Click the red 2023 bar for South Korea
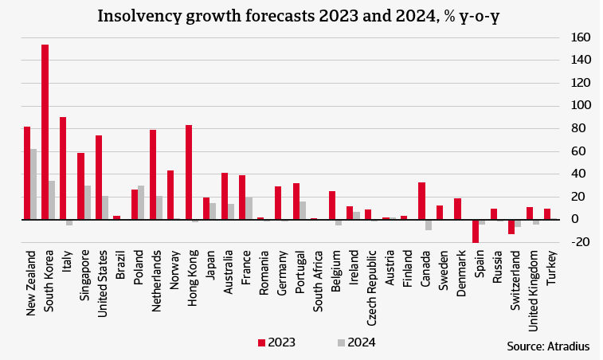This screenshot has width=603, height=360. coord(45,131)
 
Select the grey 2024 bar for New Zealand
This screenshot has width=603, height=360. coord(33,184)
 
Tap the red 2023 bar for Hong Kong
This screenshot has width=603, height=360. coord(189,172)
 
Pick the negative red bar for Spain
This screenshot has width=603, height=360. coord(476,231)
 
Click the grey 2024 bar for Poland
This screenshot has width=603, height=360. coord(142,202)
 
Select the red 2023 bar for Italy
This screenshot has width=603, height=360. coord(63,168)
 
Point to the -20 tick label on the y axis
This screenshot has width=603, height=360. coord(580,242)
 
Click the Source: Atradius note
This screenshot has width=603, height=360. coord(548,346)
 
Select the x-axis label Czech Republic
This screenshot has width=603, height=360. coord(371,284)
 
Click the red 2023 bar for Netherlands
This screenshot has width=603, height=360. coord(153,174)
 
